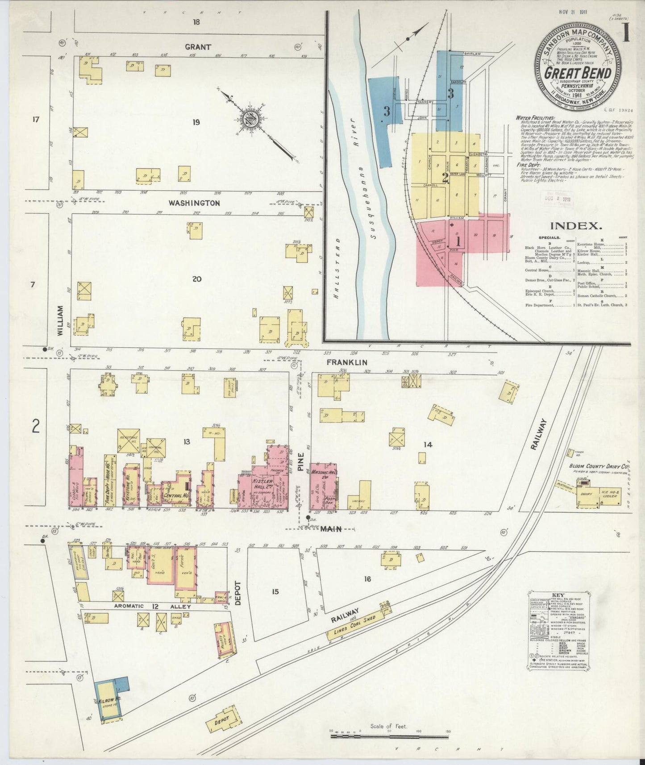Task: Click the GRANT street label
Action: click(198, 46)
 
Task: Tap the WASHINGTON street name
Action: click(194, 203)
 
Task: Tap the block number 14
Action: click(428, 445)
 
